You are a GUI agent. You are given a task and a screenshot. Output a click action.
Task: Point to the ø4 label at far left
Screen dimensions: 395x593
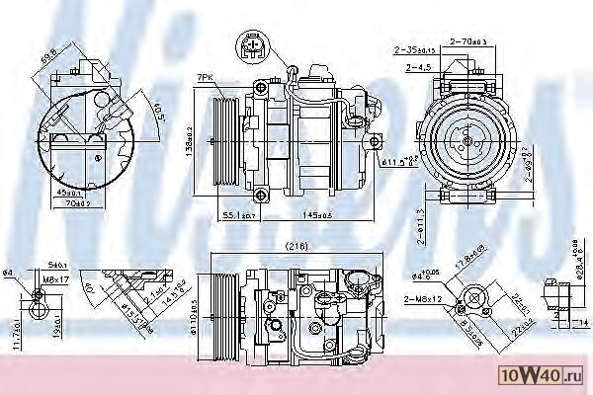(x=9, y=273)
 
